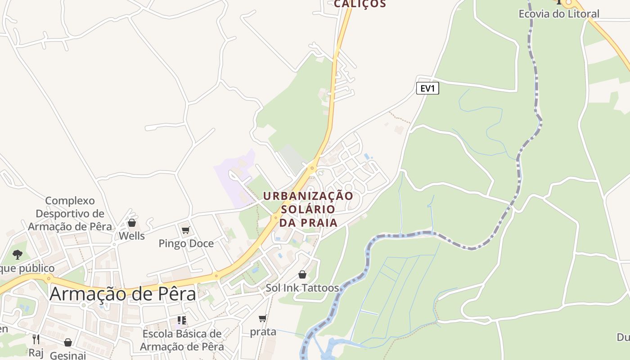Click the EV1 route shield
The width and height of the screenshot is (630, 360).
[x=427, y=88]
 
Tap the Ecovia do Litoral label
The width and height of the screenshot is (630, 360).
[x=559, y=14]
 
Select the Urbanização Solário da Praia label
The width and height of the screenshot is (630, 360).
[x=308, y=209]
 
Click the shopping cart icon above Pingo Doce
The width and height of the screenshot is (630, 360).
[x=185, y=230]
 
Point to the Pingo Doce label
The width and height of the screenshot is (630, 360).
[x=186, y=243]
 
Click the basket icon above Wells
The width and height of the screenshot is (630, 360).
[x=132, y=223]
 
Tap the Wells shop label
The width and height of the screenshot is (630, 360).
[x=132, y=236]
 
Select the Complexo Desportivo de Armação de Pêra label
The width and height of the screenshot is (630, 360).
[x=70, y=213]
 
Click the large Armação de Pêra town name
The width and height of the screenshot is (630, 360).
[x=123, y=294]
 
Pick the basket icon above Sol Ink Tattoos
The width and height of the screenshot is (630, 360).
[x=302, y=274]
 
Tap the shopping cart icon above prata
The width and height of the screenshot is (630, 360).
[x=263, y=319]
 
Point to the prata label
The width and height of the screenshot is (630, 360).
[x=263, y=332]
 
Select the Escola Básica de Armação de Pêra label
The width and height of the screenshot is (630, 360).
[x=182, y=340]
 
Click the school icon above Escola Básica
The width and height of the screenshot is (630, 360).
[x=182, y=320]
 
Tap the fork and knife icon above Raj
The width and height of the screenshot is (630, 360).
[x=36, y=339]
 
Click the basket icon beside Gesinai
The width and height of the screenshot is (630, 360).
[x=68, y=343]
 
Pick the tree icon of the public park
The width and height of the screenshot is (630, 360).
[x=18, y=255]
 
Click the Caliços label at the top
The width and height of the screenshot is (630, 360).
[x=360, y=4]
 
